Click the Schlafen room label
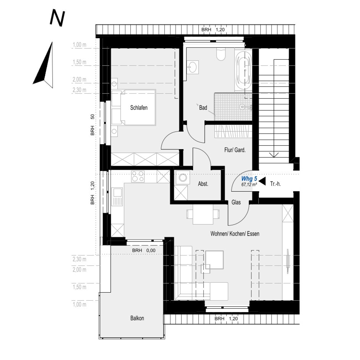(x=139, y=108)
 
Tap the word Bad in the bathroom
(x=203, y=108)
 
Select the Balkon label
(x=137, y=318)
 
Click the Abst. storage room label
(x=203, y=184)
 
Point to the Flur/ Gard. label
(x=235, y=150)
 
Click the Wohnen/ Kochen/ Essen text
(x=235, y=233)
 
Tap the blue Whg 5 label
(x=249, y=179)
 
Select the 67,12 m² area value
(x=249, y=184)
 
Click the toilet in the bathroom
(x=221, y=55)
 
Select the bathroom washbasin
(x=192, y=67)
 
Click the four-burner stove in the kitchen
(x=138, y=176)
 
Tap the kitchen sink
(x=117, y=196)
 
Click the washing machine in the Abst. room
(x=182, y=178)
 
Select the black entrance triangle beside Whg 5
(x=262, y=181)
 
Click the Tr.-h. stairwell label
(x=276, y=184)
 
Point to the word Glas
(x=236, y=203)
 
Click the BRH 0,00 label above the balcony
(x=144, y=251)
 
